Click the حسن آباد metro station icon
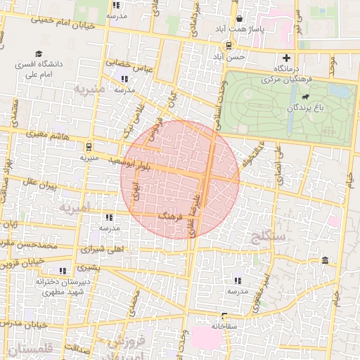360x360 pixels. tap(217, 45)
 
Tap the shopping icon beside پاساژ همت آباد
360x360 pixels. tap(241, 18)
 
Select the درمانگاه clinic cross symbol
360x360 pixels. tap(286, 58)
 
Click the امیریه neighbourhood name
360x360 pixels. tap(76, 207)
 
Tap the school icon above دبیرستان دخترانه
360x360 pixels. tap(63, 270)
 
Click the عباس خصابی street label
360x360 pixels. tap(129, 65)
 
